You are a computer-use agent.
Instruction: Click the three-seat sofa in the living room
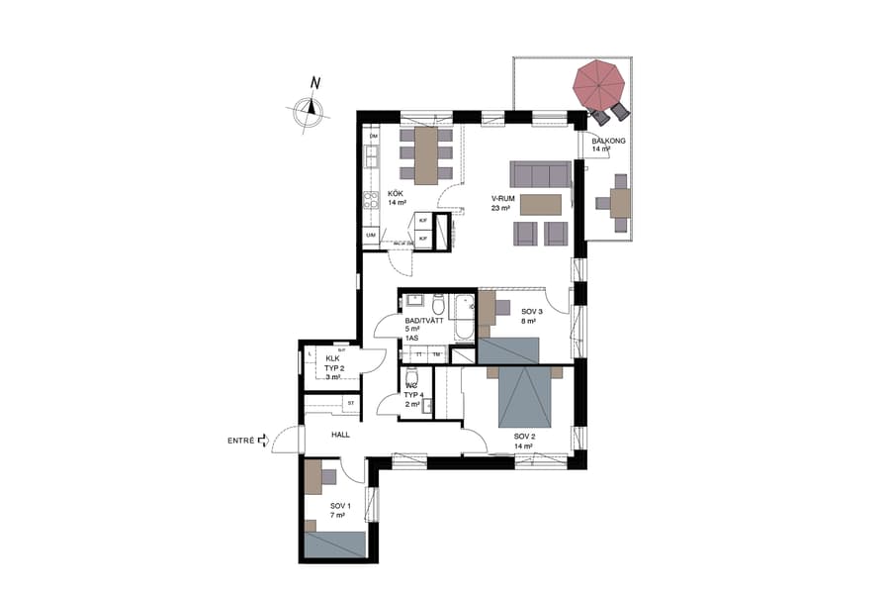tap(541, 175)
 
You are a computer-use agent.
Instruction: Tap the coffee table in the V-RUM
tap(540, 204)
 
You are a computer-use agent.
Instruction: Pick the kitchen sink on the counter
tap(371, 156)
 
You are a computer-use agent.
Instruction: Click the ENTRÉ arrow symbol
tap(263, 442)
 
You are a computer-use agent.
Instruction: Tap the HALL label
tap(340, 435)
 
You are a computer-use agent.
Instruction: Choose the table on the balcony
tap(620, 203)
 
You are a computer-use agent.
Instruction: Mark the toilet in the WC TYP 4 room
tap(413, 377)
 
